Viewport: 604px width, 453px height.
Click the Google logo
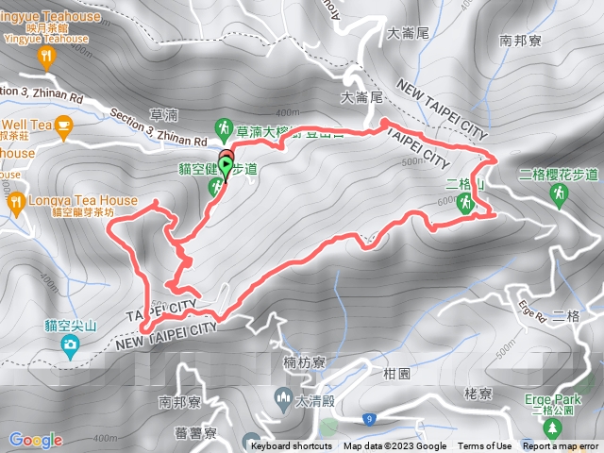pos(36,440)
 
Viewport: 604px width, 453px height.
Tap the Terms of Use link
pos(485,446)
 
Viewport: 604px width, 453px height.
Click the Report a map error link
pos(560,446)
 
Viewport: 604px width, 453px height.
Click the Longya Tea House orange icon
pos(15,200)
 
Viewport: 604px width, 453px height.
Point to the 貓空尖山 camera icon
pos(70,345)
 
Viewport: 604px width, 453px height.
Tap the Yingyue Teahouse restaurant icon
pos(47,59)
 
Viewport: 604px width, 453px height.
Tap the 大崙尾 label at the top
pos(409,33)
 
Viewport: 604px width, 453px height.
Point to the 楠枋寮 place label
pos(304,362)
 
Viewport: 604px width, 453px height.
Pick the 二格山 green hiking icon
pos(464,202)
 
